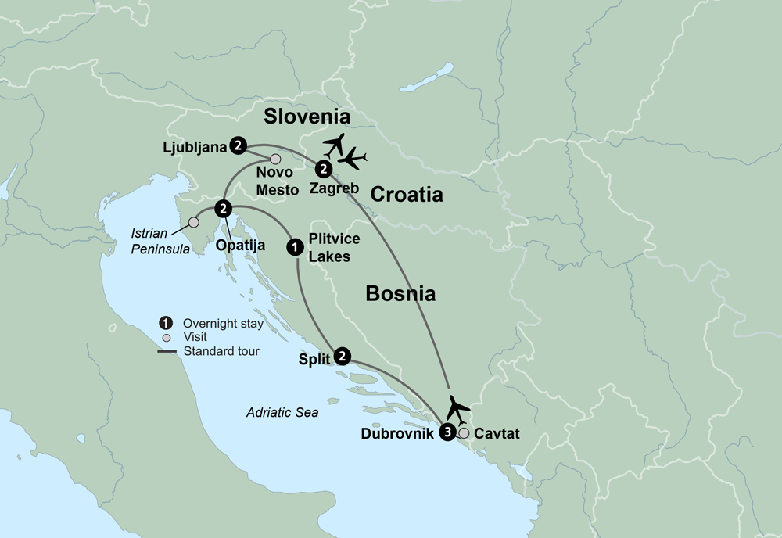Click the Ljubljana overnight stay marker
239,145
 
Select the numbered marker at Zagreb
321,168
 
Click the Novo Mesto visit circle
275,160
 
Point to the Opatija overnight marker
224,208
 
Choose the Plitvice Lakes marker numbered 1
295,246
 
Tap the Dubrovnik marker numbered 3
447,432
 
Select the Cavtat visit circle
465,432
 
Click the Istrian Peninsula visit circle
193,223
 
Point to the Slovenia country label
306,117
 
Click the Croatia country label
406,195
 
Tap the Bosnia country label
400,294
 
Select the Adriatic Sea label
282,413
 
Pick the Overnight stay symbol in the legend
165,323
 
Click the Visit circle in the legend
165,338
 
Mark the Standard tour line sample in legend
166,352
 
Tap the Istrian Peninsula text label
156,242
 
